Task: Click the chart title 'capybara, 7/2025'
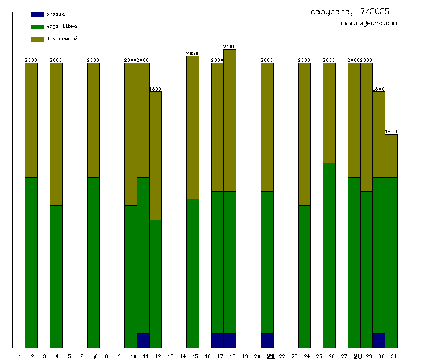click(x=350, y=11)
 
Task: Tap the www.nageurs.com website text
click(x=369, y=24)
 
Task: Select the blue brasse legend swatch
click(x=37, y=14)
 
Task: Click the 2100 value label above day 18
click(x=230, y=47)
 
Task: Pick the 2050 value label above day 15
click(x=192, y=53)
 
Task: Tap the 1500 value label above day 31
click(x=391, y=132)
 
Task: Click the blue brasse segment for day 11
click(x=143, y=340)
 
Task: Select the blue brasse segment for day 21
click(x=267, y=340)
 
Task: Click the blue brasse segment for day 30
click(x=379, y=340)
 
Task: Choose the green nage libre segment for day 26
click(x=329, y=254)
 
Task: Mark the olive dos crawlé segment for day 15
click(x=192, y=127)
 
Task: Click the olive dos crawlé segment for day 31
click(x=391, y=155)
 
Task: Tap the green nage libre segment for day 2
click(x=31, y=261)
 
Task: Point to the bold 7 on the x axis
click(x=94, y=356)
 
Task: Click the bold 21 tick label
click(x=271, y=356)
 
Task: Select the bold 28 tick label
click(x=357, y=356)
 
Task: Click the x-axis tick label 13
click(x=170, y=357)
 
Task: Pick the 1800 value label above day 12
click(x=155, y=89)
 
